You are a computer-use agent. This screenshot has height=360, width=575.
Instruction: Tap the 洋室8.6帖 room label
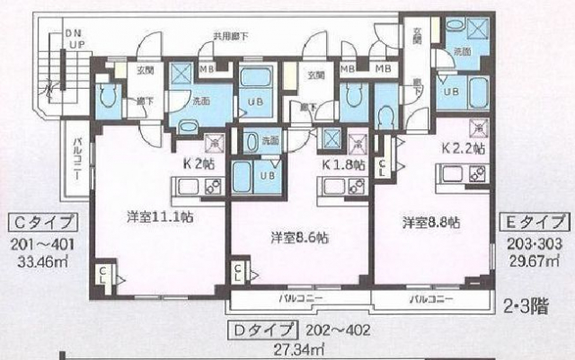(x=300, y=238)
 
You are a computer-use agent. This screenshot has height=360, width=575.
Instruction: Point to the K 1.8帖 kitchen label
(x=343, y=165)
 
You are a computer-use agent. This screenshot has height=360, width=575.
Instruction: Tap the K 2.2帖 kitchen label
(x=464, y=145)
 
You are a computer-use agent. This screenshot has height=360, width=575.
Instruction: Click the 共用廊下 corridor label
(x=230, y=37)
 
